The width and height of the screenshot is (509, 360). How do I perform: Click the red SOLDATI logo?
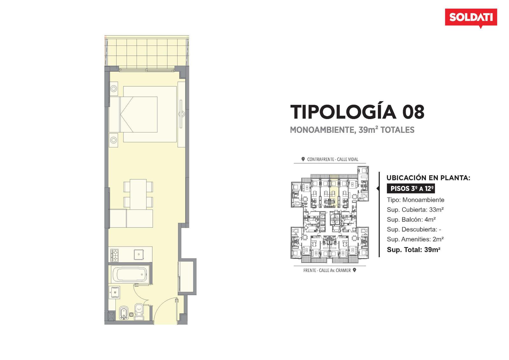[x=471, y=18]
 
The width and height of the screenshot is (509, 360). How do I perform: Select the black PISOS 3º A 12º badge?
[x=411, y=188]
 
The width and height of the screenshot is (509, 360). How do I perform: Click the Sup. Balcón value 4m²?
[x=430, y=219]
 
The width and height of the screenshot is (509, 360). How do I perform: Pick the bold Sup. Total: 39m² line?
[x=414, y=250]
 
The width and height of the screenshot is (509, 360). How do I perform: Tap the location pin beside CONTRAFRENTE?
[x=303, y=159]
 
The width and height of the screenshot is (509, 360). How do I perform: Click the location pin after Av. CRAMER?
[x=354, y=270]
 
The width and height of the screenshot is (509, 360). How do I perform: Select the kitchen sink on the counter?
[x=138, y=254]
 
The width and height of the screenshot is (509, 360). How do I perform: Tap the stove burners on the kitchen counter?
[x=115, y=255]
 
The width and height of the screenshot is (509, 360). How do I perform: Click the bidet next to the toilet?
[x=123, y=313]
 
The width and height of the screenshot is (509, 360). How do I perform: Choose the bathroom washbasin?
[x=114, y=292]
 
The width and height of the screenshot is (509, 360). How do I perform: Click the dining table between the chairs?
[x=138, y=194]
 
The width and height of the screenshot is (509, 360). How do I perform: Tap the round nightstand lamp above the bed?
[x=114, y=88]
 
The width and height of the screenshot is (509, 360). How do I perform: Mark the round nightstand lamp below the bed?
[x=114, y=140]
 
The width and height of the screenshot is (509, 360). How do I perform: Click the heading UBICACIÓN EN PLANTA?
[x=428, y=178]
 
